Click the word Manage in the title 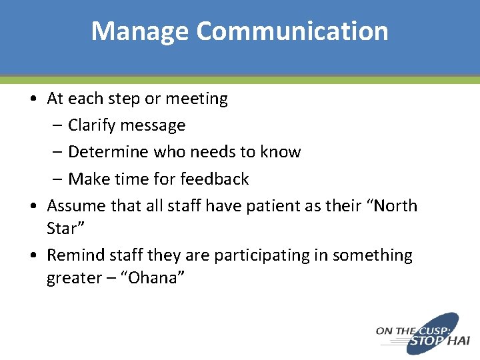140,31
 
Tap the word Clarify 92,125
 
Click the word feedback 218,179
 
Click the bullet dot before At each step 33,99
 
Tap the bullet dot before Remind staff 33,256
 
